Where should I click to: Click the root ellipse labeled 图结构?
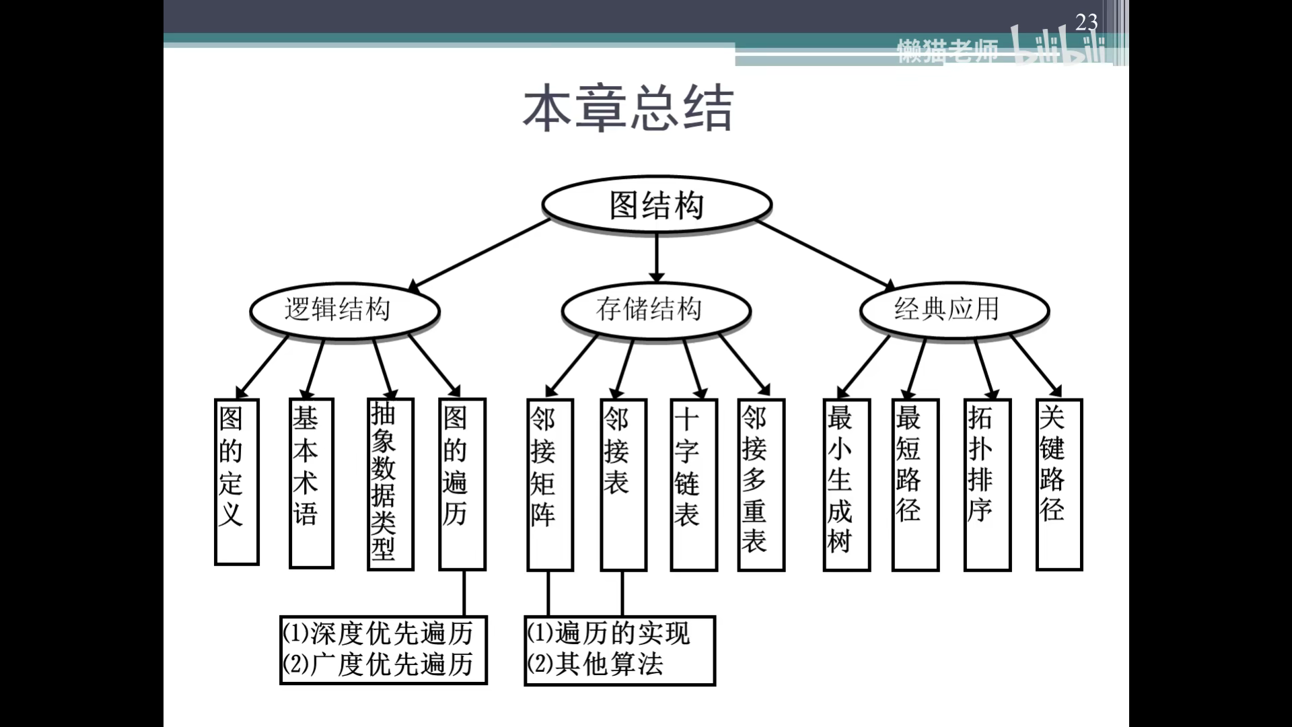click(656, 205)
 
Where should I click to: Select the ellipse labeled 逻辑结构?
click(344, 310)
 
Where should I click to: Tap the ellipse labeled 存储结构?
click(655, 310)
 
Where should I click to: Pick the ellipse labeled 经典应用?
click(954, 310)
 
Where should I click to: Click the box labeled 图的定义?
click(236, 481)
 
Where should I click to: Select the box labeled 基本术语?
click(311, 483)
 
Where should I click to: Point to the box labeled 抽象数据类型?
click(390, 484)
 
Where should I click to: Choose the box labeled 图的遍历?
click(462, 484)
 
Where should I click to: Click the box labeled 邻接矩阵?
click(550, 484)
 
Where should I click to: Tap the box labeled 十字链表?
click(693, 484)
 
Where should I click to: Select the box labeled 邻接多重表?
click(760, 484)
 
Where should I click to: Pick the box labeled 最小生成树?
click(846, 484)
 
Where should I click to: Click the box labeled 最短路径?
click(914, 484)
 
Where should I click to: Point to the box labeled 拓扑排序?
click(986, 484)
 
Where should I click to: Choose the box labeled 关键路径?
click(1058, 484)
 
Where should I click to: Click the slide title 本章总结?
click(627, 108)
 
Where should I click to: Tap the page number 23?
click(1086, 22)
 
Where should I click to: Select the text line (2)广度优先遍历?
click(378, 665)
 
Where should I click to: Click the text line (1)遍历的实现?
click(608, 633)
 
